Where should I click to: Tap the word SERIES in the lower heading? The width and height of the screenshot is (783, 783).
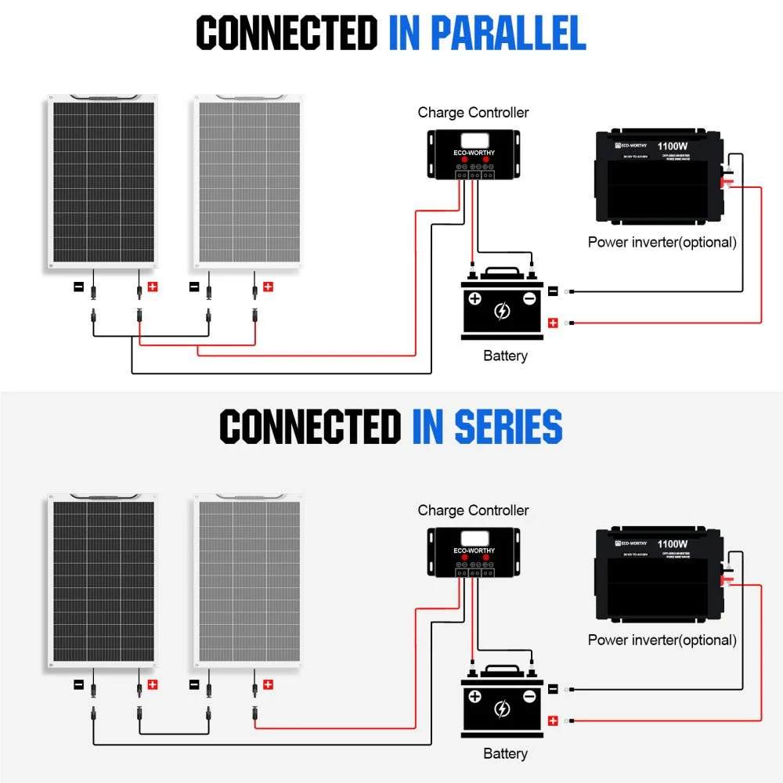486,428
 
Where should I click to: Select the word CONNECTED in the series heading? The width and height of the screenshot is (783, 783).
310,428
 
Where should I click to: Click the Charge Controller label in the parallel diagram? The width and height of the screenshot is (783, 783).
473,113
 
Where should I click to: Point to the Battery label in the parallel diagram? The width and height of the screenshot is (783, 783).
505,356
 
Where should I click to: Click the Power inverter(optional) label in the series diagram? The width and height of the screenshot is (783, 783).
662,640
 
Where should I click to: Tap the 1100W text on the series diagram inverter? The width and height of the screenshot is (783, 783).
673,543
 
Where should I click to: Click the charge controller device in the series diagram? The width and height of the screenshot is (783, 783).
474,554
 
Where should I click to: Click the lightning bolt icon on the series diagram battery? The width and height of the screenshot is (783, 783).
502,709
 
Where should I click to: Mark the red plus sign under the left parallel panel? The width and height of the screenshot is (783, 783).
153,287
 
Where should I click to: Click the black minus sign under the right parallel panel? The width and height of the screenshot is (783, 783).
194,287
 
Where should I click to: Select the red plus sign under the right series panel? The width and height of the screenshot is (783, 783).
268,684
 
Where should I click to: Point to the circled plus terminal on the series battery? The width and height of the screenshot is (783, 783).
474,696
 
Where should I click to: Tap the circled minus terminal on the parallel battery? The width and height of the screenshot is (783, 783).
529,298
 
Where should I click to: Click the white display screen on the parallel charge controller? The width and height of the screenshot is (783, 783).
474,141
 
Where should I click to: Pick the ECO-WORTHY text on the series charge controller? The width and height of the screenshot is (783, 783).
474,550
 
